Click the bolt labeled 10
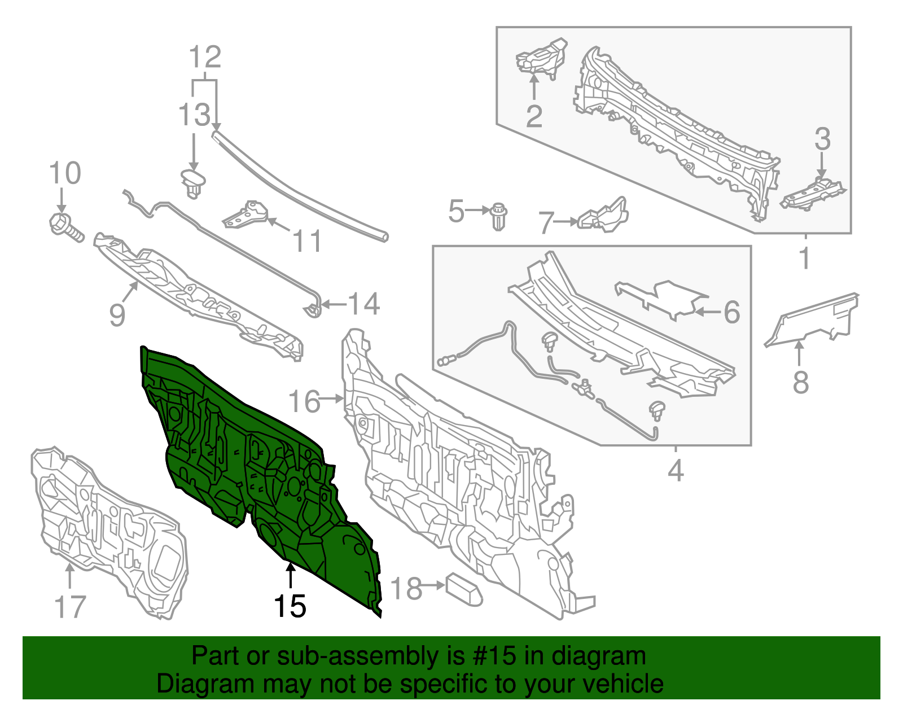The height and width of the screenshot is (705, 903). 66,227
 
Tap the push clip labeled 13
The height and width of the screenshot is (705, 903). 193,183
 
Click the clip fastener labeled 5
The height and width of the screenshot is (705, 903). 498,216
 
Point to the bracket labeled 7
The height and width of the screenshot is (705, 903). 603,216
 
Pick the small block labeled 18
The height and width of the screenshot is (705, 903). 464,589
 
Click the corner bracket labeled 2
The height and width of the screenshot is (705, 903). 540,59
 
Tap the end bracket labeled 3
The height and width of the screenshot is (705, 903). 812,195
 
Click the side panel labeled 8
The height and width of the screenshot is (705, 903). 810,321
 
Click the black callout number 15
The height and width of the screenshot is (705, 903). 290,606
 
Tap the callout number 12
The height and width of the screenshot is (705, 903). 205,57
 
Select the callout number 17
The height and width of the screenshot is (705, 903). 70,607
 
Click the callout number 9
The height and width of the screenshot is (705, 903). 117,315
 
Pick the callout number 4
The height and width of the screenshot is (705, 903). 676,470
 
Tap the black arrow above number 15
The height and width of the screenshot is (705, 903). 291,576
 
